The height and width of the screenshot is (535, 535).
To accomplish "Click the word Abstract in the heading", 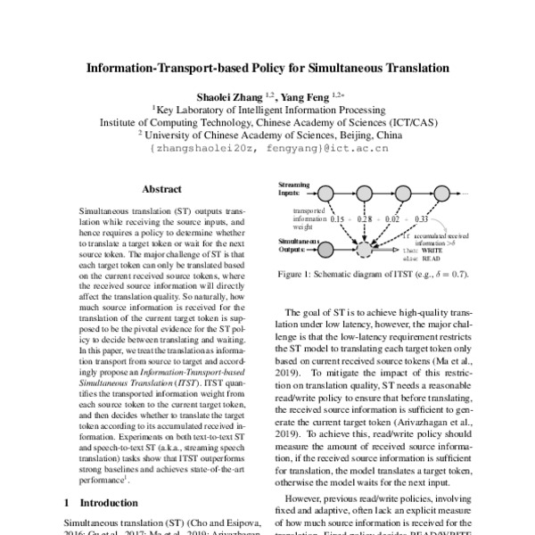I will (161, 189).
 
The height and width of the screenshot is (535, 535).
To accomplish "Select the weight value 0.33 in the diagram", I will (423, 218).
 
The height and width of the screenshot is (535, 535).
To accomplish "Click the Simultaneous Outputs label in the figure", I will (296, 245).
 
